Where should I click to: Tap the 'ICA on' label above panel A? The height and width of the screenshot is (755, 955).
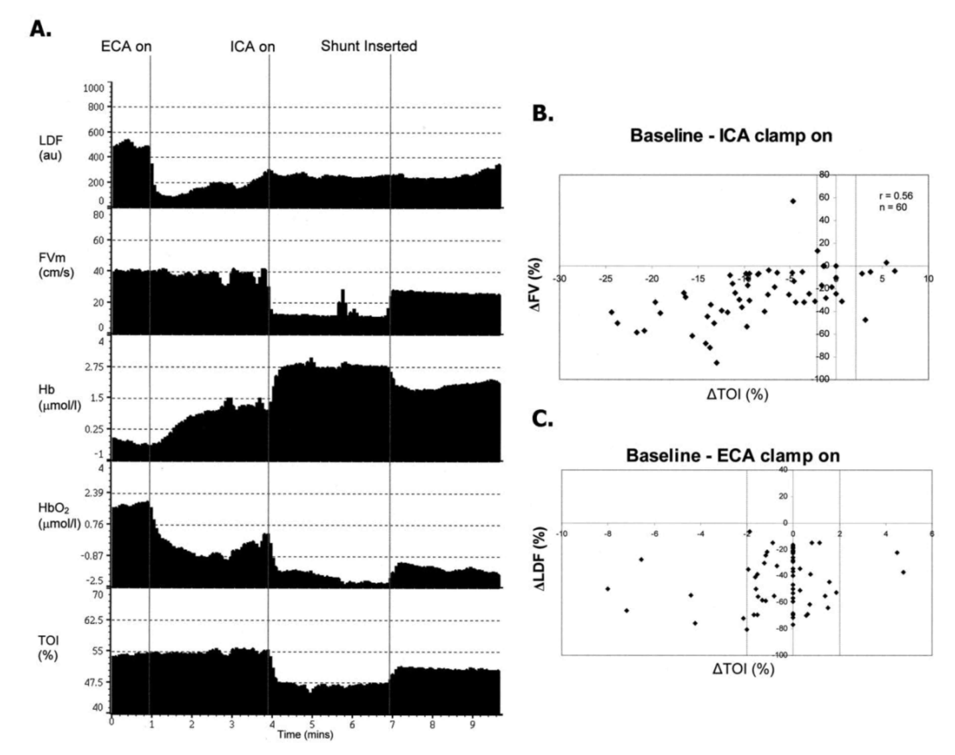(x=252, y=47)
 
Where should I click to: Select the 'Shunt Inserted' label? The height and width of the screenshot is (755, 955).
(x=369, y=46)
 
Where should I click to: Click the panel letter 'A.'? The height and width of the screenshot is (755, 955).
(x=41, y=29)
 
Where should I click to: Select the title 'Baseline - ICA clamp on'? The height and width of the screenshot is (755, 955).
(x=731, y=135)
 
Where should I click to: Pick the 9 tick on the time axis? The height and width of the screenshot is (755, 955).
(x=473, y=725)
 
